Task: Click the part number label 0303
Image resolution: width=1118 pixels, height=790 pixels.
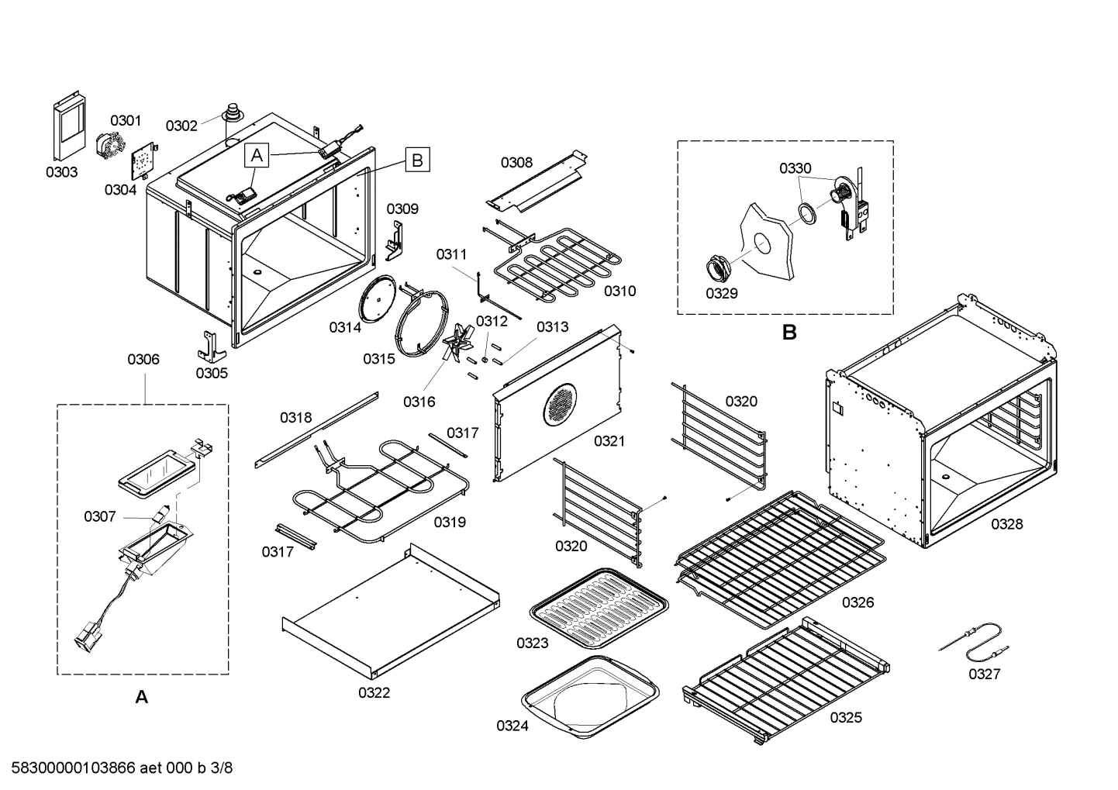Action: coord(61,172)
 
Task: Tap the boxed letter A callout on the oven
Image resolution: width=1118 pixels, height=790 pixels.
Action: coord(257,156)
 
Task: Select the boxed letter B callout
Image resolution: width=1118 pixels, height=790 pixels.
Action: coord(417,160)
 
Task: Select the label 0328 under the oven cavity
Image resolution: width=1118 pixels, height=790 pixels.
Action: coord(1006,524)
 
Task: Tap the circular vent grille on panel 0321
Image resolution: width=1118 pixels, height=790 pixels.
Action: coord(561,404)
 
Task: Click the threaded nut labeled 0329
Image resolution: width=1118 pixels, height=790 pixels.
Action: coord(718,269)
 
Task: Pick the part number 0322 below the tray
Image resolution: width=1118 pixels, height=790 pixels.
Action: coord(374,692)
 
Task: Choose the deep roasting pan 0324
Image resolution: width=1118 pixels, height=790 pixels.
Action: coord(591,694)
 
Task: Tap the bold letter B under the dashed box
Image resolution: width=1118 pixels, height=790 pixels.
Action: coord(789,333)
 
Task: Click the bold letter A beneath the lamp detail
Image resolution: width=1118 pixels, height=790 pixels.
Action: coord(141,697)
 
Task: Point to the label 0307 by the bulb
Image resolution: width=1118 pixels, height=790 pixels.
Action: coord(100,516)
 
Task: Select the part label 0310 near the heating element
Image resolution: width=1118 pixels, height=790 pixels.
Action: coord(619,291)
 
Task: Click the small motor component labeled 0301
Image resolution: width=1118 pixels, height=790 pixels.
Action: coord(109,146)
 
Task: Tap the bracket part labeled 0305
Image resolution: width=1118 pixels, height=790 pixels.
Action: coord(208,346)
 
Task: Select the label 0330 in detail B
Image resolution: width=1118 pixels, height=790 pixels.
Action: coord(795,168)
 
